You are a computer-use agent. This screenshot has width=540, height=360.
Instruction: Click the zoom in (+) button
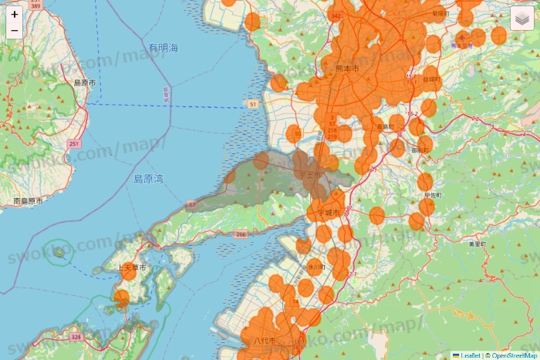14,14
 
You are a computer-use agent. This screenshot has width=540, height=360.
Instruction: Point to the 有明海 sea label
164,48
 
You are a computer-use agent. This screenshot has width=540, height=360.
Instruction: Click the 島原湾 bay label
148,179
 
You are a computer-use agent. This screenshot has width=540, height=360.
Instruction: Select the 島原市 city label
84,82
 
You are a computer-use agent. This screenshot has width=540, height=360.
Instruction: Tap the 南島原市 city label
28,201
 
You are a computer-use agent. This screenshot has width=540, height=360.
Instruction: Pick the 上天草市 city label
132,267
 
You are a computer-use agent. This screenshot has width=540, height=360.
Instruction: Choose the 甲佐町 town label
433,196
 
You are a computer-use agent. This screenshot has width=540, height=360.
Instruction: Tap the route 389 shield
36,5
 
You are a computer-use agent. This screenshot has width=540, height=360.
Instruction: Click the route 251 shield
73,143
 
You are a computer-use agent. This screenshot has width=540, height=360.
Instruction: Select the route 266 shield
241,234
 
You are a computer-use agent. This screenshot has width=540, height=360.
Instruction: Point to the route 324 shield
76,337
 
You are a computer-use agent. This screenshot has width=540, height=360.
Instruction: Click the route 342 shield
334,15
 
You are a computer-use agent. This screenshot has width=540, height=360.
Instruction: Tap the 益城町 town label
431,79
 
